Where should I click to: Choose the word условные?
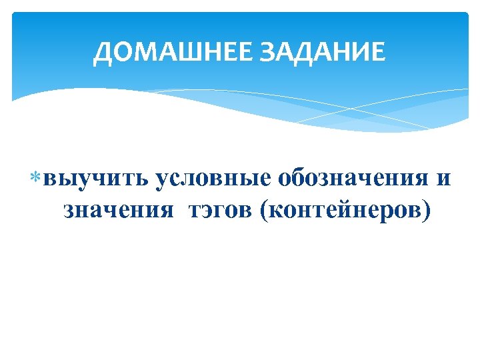212,179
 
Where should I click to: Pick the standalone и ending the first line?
445,179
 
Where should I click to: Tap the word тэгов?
223,210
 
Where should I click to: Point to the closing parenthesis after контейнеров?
427,211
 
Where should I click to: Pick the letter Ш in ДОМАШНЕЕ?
190,51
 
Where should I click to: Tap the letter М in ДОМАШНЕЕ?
146,51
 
